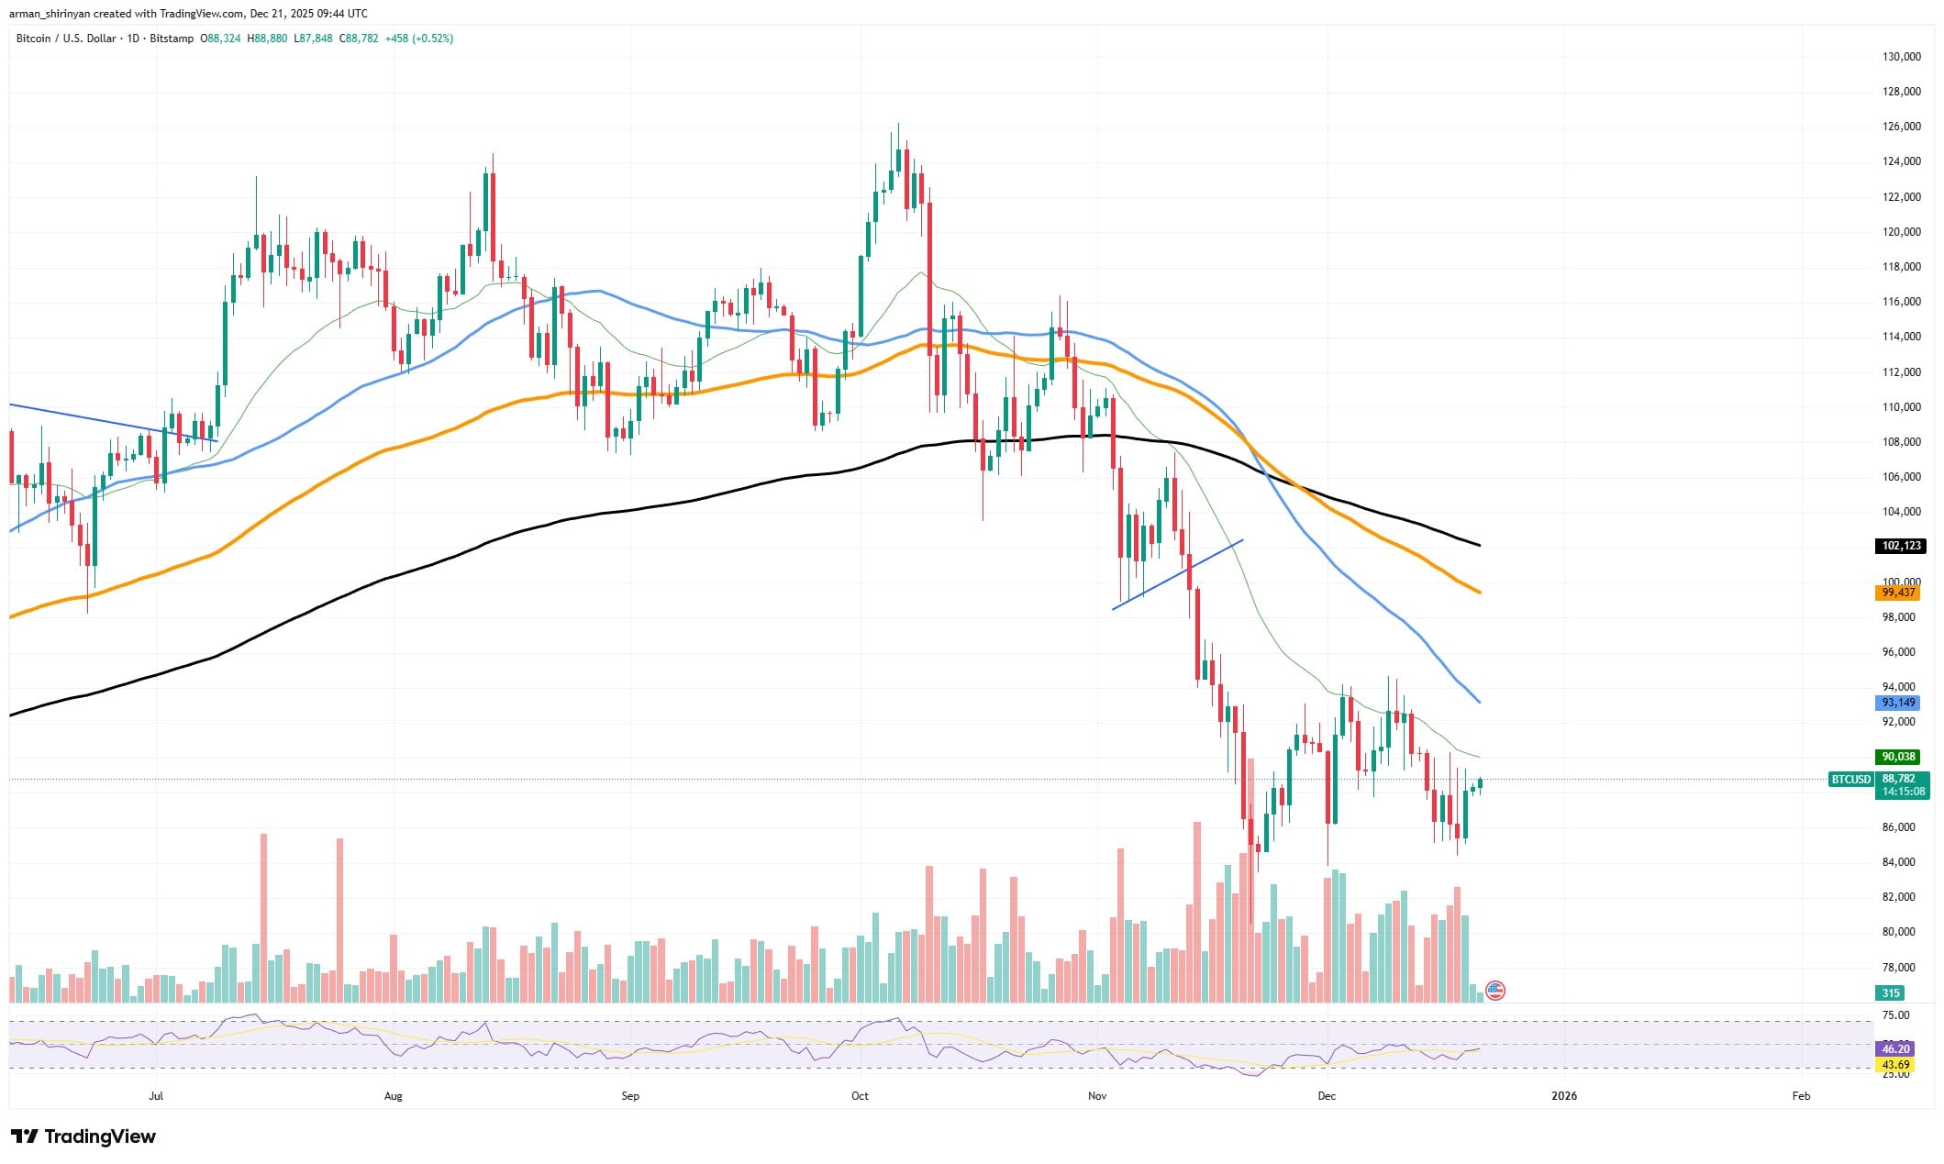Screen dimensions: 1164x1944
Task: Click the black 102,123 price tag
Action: [x=1901, y=546]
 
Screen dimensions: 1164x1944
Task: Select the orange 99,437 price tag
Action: [x=1898, y=593]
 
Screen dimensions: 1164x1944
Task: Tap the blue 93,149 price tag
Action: [x=1898, y=703]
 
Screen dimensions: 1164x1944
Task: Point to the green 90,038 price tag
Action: [x=1898, y=757]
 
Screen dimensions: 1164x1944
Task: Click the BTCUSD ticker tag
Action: [x=1850, y=780]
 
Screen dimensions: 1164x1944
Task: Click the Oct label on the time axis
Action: [x=860, y=1095]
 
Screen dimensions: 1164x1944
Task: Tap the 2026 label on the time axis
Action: [x=1563, y=1095]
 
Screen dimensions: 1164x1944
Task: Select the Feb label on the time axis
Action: [x=1801, y=1095]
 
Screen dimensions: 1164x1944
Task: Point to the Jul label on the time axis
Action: [x=156, y=1095]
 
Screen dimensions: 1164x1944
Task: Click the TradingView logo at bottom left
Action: [x=83, y=1136]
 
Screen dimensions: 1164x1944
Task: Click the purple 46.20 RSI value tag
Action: [x=1895, y=1048]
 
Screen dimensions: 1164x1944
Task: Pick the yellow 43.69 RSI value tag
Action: [x=1895, y=1065]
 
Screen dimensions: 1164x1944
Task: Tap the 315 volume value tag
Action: [x=1890, y=992]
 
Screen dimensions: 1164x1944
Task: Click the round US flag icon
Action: [x=1494, y=990]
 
